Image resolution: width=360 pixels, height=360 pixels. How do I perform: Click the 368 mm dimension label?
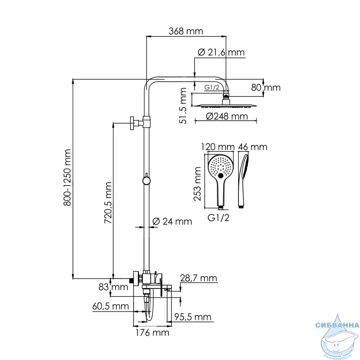[186, 31]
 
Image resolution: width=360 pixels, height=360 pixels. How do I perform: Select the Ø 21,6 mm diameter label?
[221, 53]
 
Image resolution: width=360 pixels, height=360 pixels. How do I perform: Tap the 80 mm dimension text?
[265, 87]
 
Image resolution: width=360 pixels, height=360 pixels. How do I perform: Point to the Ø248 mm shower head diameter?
[227, 116]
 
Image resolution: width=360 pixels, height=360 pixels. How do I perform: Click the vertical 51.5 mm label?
[183, 106]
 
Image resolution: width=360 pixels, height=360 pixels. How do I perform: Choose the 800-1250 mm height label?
[67, 177]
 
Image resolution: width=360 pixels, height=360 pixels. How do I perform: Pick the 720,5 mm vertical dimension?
[108, 203]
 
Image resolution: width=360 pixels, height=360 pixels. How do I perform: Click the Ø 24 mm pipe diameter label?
[172, 221]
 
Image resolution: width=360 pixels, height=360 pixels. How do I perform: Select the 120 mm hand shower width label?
[218, 147]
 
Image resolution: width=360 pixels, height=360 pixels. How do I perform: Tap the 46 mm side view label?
[252, 147]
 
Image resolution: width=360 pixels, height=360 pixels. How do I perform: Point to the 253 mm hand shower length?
[197, 184]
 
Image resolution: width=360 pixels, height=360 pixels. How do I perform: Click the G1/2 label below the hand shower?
[218, 218]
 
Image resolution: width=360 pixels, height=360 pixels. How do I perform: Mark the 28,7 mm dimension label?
[198, 278]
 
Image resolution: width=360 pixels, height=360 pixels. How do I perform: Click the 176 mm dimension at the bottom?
[152, 333]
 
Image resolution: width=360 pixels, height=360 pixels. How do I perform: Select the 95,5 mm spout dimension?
[193, 317]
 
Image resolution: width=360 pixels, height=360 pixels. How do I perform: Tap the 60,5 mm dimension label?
[110, 306]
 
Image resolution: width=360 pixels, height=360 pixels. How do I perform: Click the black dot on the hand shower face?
[220, 176]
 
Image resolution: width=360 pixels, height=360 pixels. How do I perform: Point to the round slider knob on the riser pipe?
[146, 181]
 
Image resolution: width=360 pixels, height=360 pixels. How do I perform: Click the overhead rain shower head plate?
[226, 106]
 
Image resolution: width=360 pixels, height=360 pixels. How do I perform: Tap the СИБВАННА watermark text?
[337, 325]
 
